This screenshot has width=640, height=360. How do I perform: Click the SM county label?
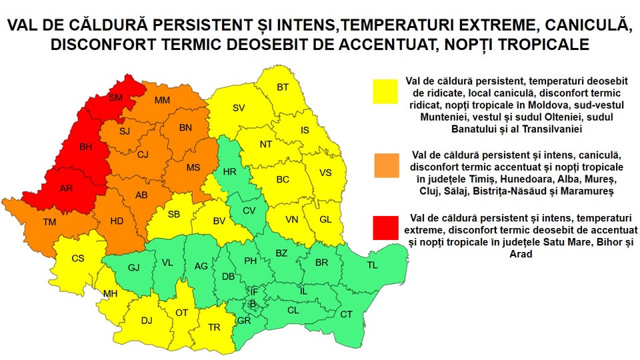(115, 97)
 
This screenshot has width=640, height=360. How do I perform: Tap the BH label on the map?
(86, 147)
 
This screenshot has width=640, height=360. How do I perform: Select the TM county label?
(49, 222)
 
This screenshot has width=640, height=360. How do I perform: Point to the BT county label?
(283, 87)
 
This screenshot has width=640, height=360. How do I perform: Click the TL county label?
(372, 265)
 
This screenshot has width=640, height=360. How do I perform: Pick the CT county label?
(346, 314)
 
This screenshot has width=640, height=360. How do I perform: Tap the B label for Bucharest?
(253, 304)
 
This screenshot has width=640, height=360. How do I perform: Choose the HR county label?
(230, 172)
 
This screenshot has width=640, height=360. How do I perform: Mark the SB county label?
(174, 214)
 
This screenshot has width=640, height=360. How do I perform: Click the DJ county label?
(147, 321)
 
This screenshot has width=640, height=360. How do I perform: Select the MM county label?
(162, 101)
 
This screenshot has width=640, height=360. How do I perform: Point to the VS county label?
(325, 173)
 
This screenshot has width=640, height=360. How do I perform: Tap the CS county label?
(77, 259)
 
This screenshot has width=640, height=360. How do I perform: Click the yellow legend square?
(385, 91)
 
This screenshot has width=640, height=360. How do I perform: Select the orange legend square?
(387, 165)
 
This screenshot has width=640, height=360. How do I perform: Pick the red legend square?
(386, 228)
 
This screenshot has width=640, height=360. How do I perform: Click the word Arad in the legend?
(521, 254)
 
